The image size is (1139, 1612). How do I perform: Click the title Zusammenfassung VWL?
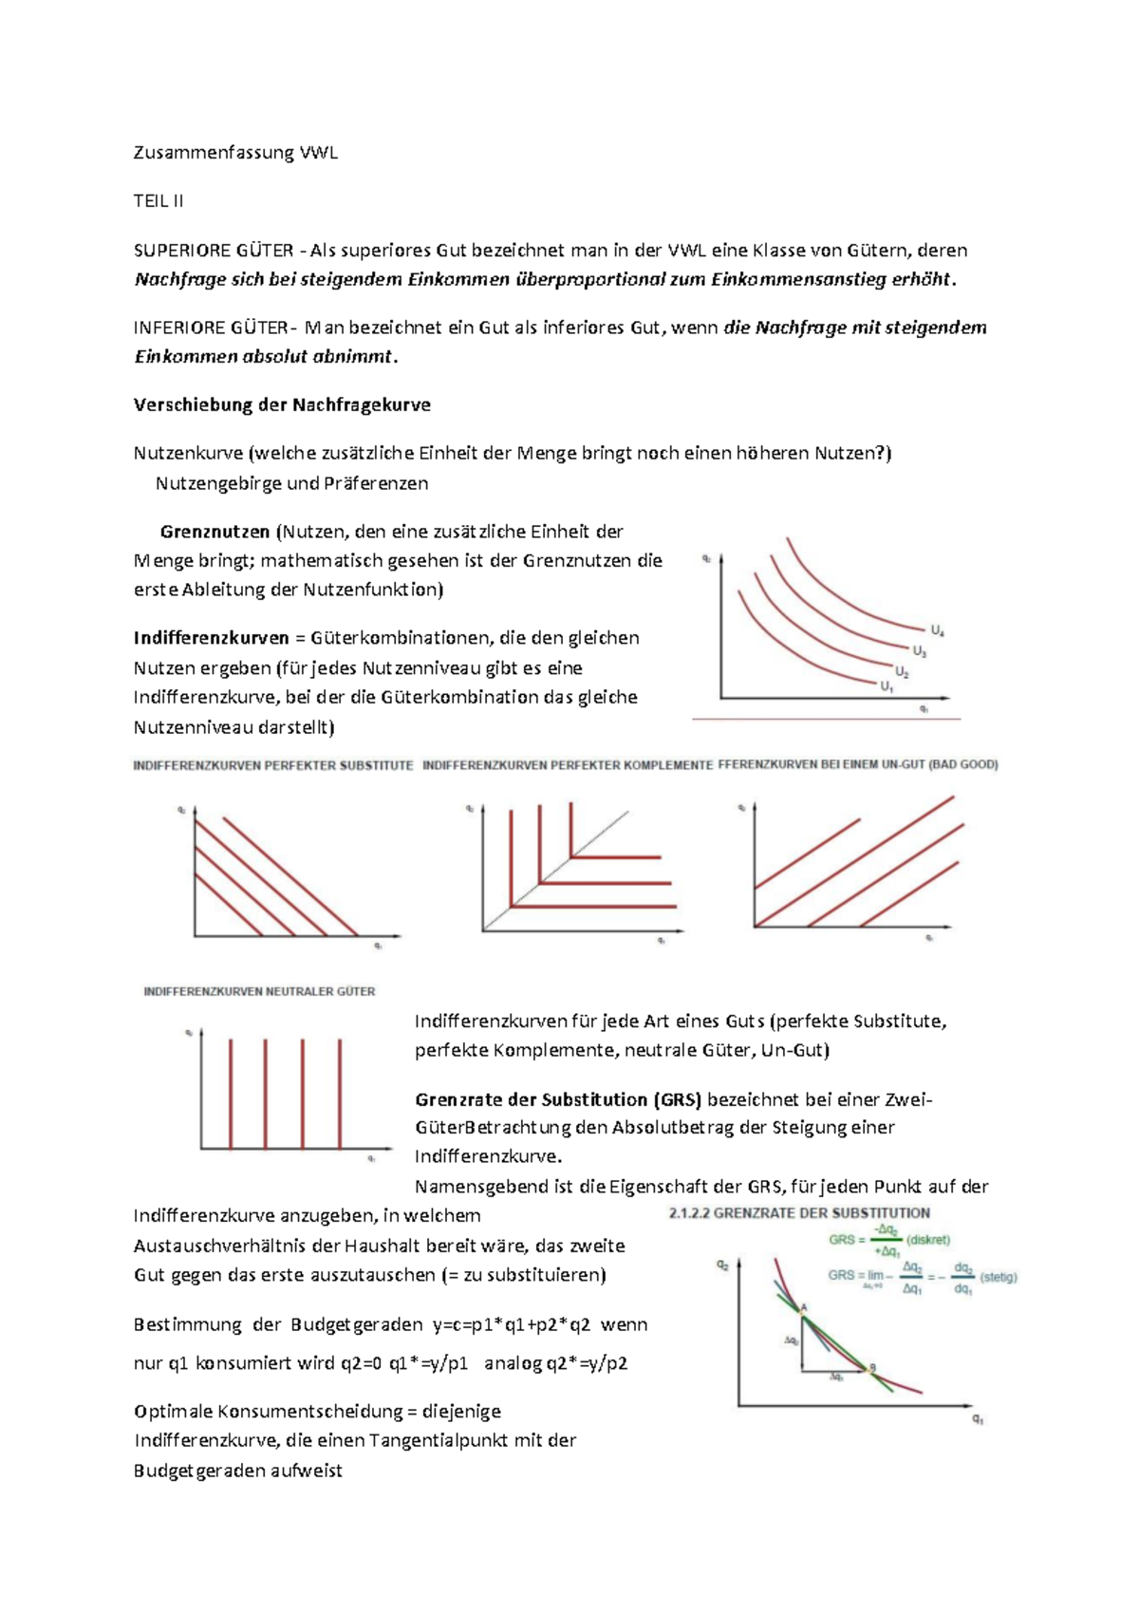(235, 153)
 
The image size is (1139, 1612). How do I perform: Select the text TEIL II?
(159, 201)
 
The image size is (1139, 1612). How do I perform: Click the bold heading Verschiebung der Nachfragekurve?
(282, 405)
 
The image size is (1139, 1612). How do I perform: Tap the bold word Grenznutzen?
(215, 532)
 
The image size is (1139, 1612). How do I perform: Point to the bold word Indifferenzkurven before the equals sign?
(211, 638)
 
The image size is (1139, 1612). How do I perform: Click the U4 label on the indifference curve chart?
(937, 630)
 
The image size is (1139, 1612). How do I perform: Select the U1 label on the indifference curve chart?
(887, 686)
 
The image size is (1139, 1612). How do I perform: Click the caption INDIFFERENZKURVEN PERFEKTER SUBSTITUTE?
(273, 765)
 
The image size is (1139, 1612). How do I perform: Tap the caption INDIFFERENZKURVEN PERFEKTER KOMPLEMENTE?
(567, 765)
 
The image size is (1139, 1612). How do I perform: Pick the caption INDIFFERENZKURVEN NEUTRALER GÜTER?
(259, 991)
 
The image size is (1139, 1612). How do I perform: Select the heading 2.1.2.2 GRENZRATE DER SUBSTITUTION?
(799, 1213)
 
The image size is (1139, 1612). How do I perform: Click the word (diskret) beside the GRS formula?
(928, 1240)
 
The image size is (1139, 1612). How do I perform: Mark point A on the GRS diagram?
(803, 1310)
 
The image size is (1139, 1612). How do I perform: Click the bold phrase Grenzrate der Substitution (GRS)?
(557, 1100)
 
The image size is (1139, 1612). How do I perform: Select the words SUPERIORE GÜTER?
(213, 251)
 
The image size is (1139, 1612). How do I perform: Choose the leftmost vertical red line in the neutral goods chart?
(230, 1093)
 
